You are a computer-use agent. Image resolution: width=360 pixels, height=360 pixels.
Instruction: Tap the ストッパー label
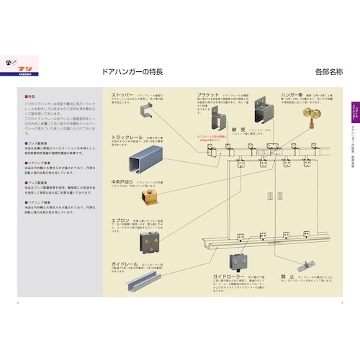coord(127,95)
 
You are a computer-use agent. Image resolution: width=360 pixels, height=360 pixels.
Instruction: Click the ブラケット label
coord(210,95)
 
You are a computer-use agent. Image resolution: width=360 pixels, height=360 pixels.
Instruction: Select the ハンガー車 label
coord(291,95)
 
